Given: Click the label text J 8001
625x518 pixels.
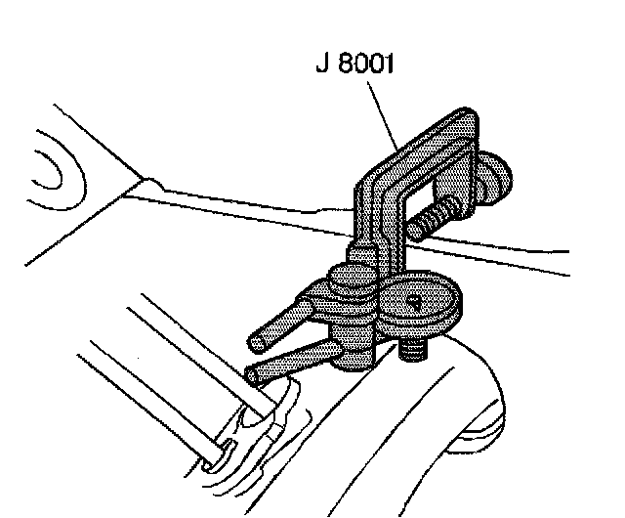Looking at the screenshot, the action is click(x=354, y=69).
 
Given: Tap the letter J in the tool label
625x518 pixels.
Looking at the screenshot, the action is click(x=319, y=69).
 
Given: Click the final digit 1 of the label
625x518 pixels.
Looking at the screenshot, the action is click(x=390, y=69).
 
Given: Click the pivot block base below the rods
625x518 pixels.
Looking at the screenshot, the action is click(x=349, y=356).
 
